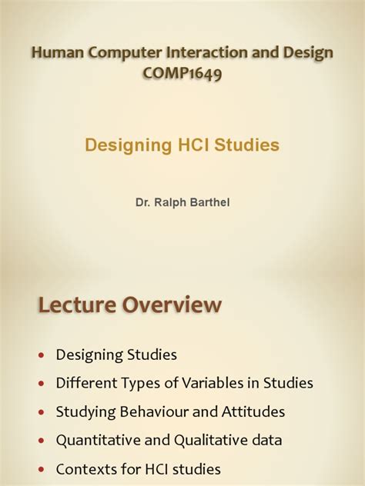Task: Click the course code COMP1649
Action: point(182,75)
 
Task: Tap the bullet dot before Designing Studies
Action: point(42,355)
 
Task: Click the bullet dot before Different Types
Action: point(42,384)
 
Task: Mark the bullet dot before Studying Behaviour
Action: point(42,412)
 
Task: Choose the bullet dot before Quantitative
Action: point(42,441)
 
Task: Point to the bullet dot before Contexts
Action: point(42,469)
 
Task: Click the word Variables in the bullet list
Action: point(218,383)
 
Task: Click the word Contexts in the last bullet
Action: point(85,468)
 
